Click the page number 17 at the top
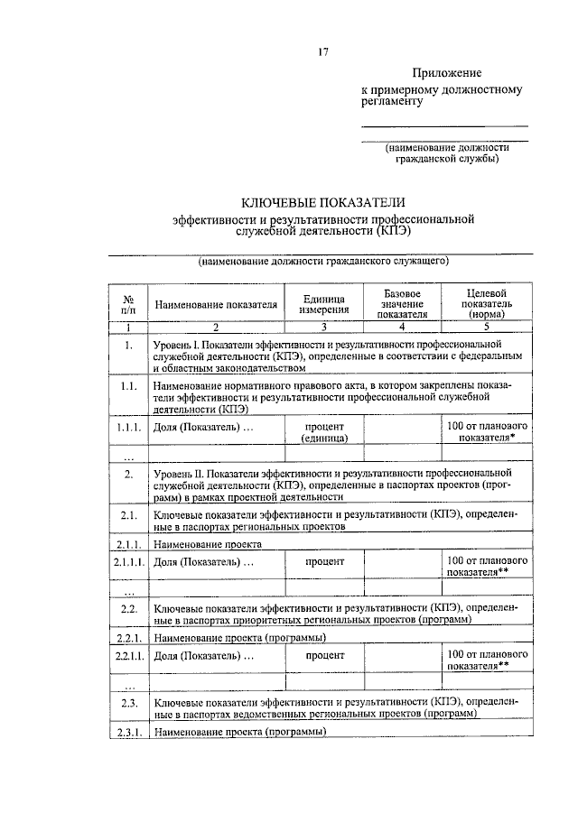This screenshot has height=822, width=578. (322, 51)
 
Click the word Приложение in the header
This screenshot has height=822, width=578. (447, 73)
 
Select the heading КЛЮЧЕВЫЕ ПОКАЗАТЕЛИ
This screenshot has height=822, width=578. (322, 203)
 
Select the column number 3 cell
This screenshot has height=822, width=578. (323, 328)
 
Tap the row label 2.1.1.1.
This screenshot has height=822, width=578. (129, 562)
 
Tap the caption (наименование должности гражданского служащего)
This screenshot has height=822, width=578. (323, 262)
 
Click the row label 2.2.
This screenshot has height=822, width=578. (129, 610)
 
